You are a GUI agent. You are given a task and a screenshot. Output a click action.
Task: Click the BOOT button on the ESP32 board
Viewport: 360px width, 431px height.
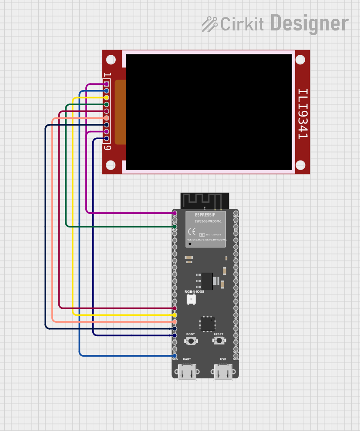[x=190, y=341]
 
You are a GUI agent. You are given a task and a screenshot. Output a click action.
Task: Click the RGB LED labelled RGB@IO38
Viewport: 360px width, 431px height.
[x=191, y=299]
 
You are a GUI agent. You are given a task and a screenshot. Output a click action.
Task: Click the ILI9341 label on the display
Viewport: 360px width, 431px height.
[x=303, y=114]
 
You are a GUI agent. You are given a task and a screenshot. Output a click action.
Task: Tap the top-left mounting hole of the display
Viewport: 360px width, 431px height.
[x=111, y=59]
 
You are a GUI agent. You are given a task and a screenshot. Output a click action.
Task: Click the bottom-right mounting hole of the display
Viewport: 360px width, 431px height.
[x=300, y=165]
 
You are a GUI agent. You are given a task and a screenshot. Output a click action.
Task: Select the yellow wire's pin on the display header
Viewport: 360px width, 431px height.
[x=106, y=98]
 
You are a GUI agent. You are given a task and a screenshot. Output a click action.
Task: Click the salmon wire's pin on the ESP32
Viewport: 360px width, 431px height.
[x=175, y=321]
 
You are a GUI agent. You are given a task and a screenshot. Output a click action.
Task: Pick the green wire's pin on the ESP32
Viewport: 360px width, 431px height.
[x=175, y=227]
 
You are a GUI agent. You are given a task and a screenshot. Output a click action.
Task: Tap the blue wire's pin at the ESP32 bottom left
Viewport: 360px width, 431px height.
[x=175, y=356]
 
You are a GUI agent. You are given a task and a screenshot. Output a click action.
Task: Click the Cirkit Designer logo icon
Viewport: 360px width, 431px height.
[x=209, y=24]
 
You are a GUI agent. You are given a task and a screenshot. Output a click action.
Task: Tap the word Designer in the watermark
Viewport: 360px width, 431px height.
[x=310, y=23]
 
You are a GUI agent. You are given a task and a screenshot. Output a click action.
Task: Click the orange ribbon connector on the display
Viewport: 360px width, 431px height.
[x=120, y=112]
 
